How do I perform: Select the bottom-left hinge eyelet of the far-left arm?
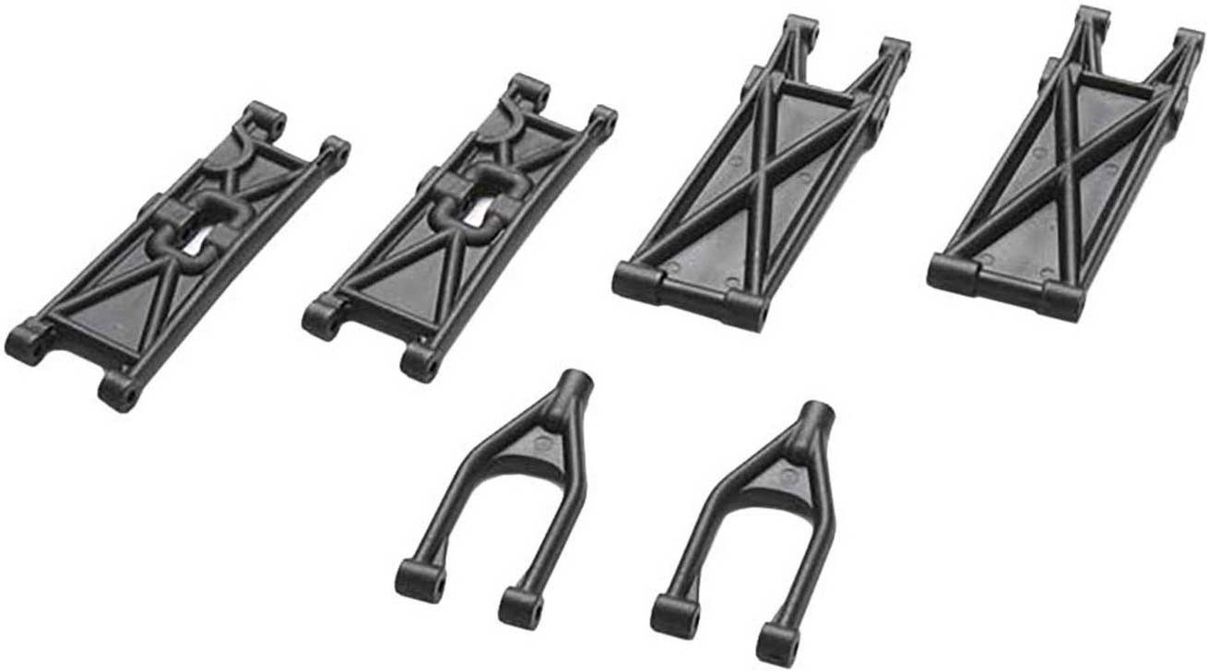point(25,342)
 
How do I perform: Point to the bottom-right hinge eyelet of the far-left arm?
point(120,394)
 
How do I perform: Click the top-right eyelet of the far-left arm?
point(335,149)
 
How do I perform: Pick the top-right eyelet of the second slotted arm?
point(602,120)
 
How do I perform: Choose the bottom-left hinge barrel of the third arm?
point(636,281)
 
